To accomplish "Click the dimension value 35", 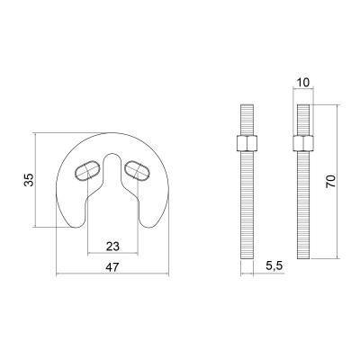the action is pyautogui.click(x=29, y=180).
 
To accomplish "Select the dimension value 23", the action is pyautogui.click(x=112, y=247).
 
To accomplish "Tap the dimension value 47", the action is pyautogui.click(x=112, y=266).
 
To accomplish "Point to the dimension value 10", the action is pyautogui.click(x=303, y=82).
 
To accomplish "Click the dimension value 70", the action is pyautogui.click(x=331, y=181).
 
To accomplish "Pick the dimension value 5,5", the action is pyautogui.click(x=274, y=265).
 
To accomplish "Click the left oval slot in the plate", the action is pyautogui.click(x=87, y=170).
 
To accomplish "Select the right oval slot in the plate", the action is pyautogui.click(x=137, y=170).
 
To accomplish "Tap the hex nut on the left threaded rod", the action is pyautogui.click(x=247, y=143).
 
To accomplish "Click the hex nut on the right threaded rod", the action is pyautogui.click(x=303, y=143).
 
